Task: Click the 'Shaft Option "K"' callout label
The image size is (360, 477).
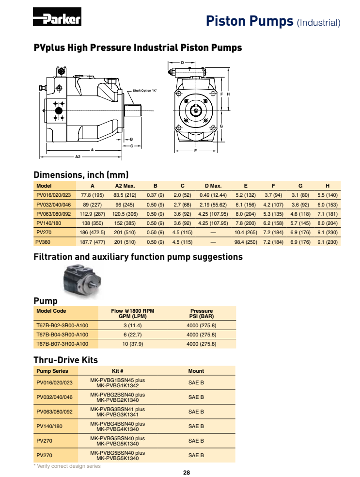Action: (x=145, y=91)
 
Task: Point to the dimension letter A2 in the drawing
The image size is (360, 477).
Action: (x=78, y=157)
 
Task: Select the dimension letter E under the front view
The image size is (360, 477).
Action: (x=195, y=151)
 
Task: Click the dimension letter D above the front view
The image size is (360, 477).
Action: (x=182, y=63)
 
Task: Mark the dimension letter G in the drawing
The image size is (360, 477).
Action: (x=221, y=126)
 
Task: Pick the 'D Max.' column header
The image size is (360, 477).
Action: (x=213, y=186)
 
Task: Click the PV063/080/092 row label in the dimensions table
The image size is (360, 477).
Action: (x=54, y=213)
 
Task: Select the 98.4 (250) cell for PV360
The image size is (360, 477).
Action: (x=246, y=241)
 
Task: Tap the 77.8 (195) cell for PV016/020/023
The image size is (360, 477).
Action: (x=93, y=195)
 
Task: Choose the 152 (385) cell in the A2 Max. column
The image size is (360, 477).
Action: (x=125, y=223)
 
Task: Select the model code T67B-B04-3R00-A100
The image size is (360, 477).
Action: (x=63, y=334)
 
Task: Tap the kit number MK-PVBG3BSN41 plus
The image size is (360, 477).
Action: (x=118, y=409)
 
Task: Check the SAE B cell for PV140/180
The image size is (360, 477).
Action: (x=196, y=426)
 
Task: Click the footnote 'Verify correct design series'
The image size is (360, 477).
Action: (x=67, y=466)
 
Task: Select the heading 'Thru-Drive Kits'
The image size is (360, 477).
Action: (x=65, y=360)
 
